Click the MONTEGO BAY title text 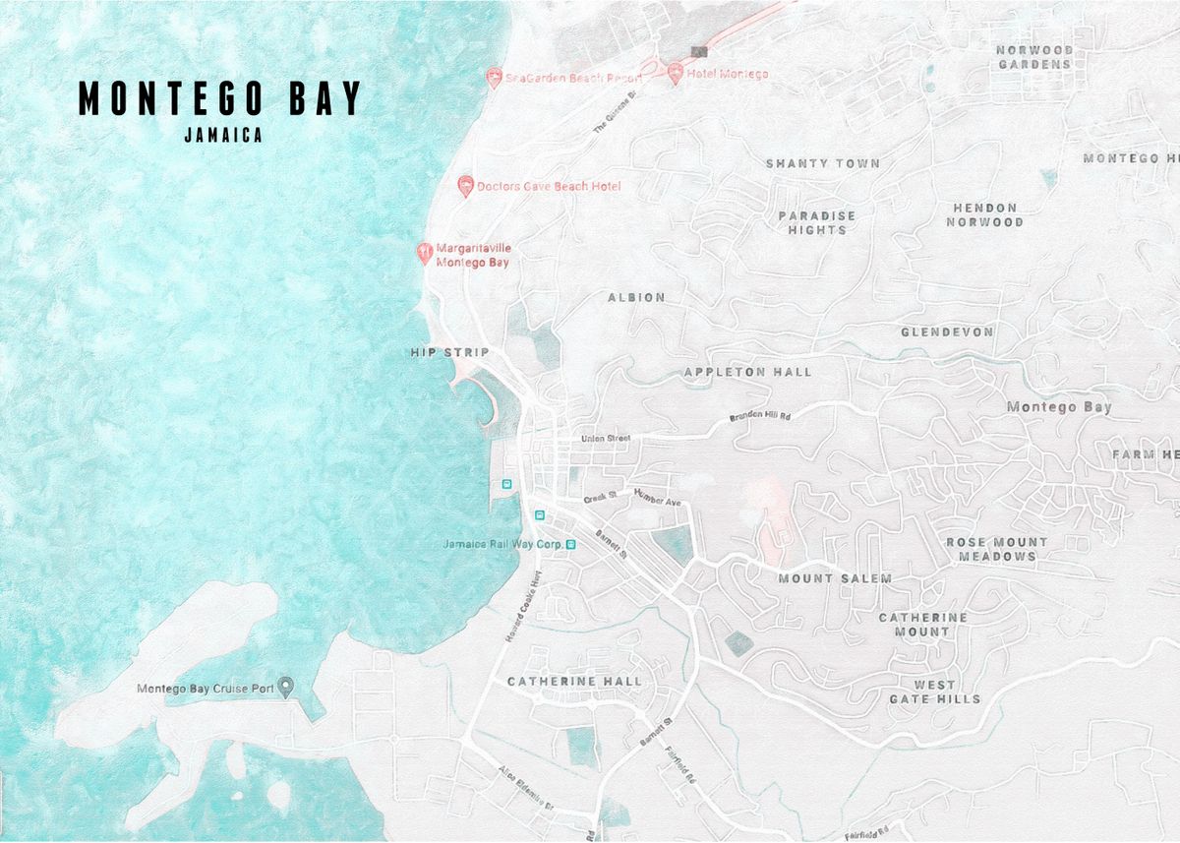220,98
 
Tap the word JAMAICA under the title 223,137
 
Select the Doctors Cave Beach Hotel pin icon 466,186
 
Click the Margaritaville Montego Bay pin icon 424,254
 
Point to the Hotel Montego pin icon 676,74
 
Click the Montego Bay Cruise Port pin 286,687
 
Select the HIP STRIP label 449,352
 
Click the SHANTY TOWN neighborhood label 823,163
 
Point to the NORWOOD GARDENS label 1033,57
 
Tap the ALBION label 636,297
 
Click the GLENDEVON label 947,332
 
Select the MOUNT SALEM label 835,578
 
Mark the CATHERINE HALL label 574,681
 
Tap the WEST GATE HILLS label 935,692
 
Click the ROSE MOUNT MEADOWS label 997,549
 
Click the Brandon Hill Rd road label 760,417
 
